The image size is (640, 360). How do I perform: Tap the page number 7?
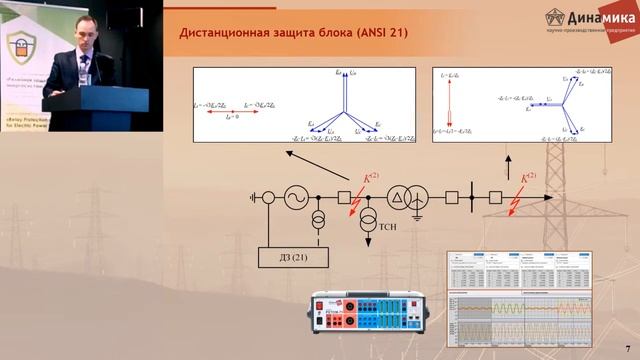626,345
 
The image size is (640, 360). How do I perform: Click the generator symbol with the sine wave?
296,198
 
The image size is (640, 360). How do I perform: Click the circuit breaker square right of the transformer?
452,198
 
